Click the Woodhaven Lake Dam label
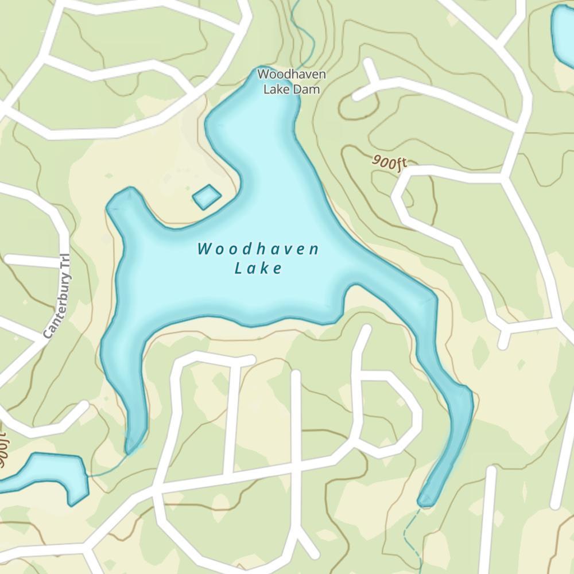click(x=292, y=82)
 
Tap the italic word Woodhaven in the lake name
click(x=258, y=249)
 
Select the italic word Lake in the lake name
click(x=259, y=268)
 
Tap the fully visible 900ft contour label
click(x=389, y=162)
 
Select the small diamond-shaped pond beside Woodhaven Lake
click(x=207, y=197)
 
